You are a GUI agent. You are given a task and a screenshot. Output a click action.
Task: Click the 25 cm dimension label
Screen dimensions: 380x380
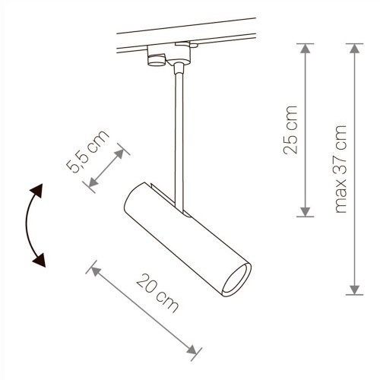pos(290,130)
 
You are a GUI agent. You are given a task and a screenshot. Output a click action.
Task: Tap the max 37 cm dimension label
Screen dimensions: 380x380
pos(340,169)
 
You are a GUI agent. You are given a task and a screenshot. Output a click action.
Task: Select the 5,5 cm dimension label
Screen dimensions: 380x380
pos(87,151)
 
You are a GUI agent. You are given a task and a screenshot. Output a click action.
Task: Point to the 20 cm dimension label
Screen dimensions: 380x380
pos(157,293)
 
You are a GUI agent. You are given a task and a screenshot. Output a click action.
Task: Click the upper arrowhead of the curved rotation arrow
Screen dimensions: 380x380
pos(37,191)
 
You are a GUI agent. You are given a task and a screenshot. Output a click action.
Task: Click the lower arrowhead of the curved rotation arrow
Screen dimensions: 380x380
pos(40,260)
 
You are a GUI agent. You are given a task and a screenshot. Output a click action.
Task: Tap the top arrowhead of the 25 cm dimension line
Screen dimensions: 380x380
pos(306,48)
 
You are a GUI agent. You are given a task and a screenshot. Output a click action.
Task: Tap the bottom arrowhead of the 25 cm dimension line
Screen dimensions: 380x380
pos(306,212)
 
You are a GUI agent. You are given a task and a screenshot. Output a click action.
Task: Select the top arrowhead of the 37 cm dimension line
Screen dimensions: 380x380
pos(354,48)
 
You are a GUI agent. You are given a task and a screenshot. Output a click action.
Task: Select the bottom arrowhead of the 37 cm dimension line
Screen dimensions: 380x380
pos(354,290)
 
